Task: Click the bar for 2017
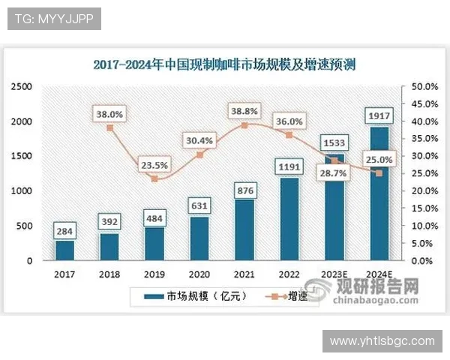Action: click(64, 250)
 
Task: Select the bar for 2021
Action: click(244, 229)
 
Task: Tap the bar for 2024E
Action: click(379, 193)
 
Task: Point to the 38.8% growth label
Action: click(245, 110)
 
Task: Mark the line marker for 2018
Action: click(109, 127)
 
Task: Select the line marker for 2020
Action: click(199, 154)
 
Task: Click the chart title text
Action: click(225, 64)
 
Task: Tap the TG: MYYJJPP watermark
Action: click(54, 19)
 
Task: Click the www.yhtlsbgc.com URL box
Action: click(382, 341)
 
